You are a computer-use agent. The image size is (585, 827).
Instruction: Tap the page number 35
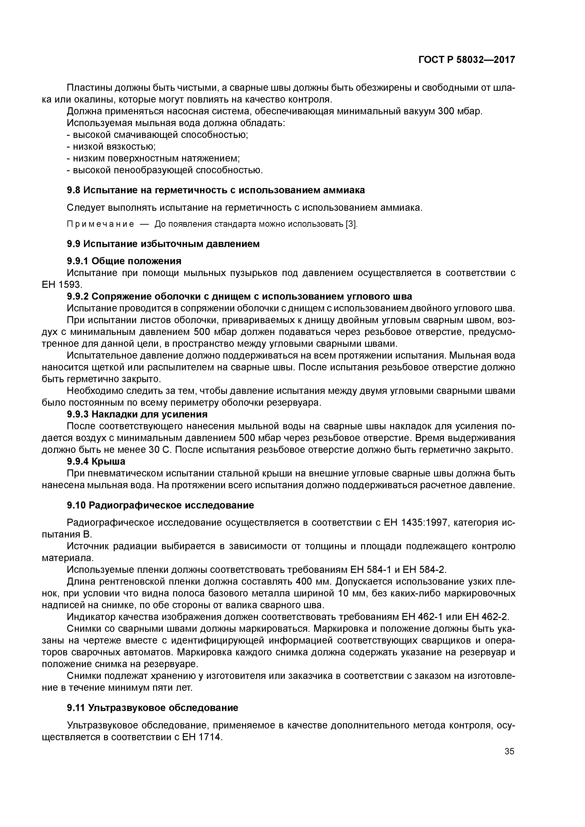[x=509, y=751]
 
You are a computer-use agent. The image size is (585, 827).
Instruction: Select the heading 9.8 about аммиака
[x=216, y=190]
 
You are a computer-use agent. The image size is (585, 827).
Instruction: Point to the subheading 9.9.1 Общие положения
[x=124, y=261]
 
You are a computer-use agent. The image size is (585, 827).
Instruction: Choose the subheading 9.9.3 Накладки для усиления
[x=137, y=414]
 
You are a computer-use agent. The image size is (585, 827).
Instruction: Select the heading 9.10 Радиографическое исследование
[x=160, y=505]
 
